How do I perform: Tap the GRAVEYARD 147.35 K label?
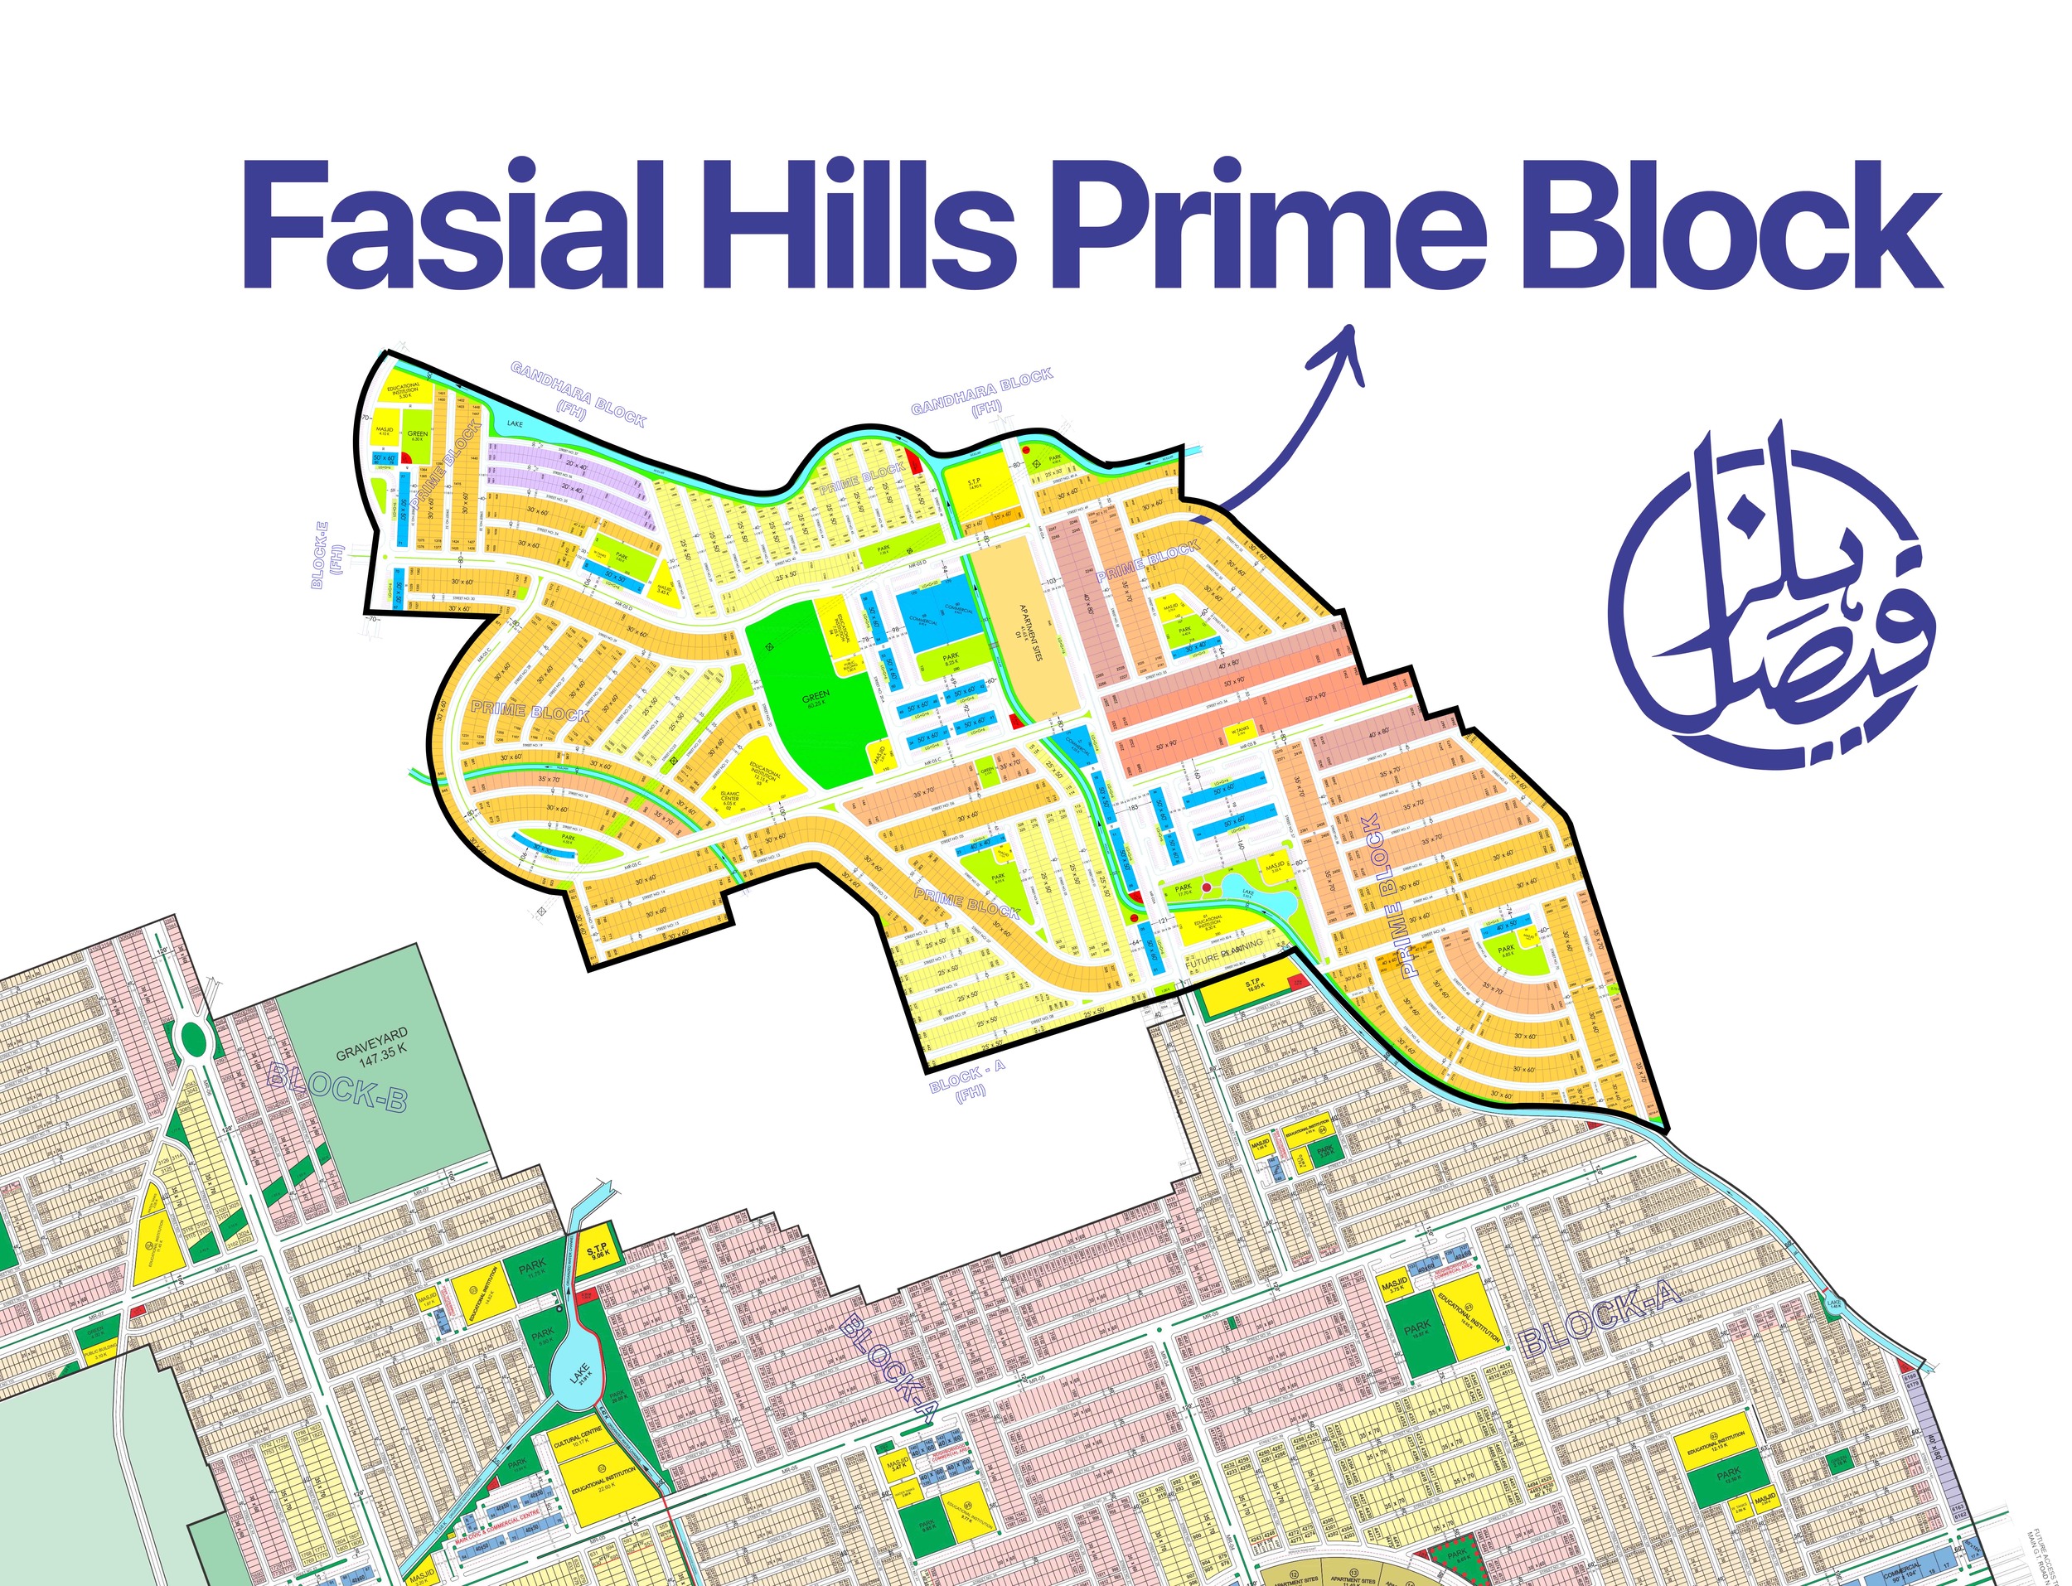tap(373, 1042)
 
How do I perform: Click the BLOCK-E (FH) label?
tap(325, 563)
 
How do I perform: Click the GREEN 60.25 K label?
tap(816, 699)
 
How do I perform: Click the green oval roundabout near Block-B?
tap(191, 1039)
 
